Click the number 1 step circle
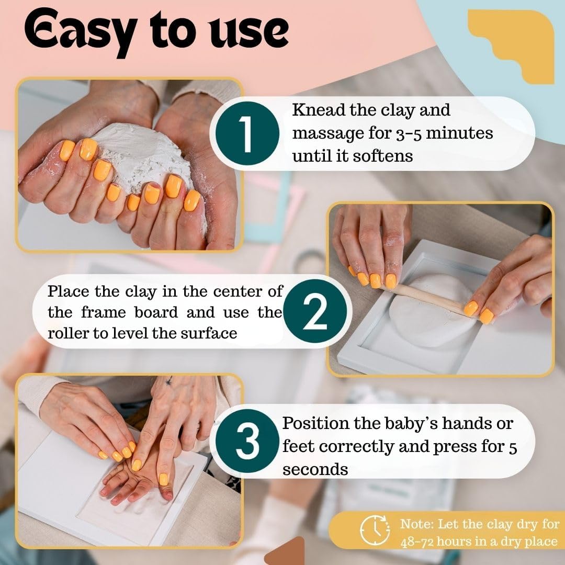(247, 133)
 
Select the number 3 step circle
(247, 441)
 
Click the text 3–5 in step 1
(409, 134)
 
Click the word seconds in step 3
(315, 469)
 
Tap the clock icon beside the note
(375, 530)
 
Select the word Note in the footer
(416, 524)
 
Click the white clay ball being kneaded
(144, 159)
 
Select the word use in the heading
(248, 33)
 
